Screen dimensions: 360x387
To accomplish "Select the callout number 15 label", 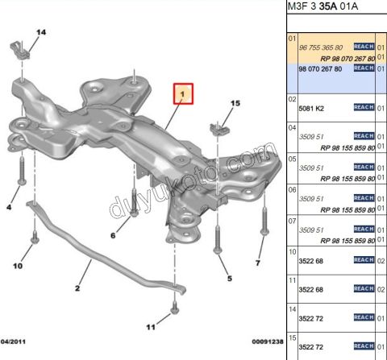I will coord(235,103).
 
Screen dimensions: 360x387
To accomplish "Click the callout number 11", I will coord(151,326).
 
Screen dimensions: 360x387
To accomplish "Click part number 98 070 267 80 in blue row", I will coord(321,69).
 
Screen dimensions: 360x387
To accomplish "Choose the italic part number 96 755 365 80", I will coord(321,48).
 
